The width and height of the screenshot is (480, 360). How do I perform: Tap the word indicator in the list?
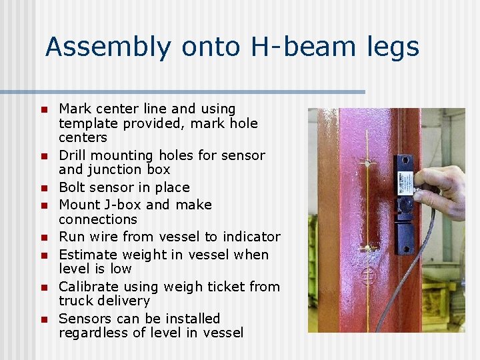253,237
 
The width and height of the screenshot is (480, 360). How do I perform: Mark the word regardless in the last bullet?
93,333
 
